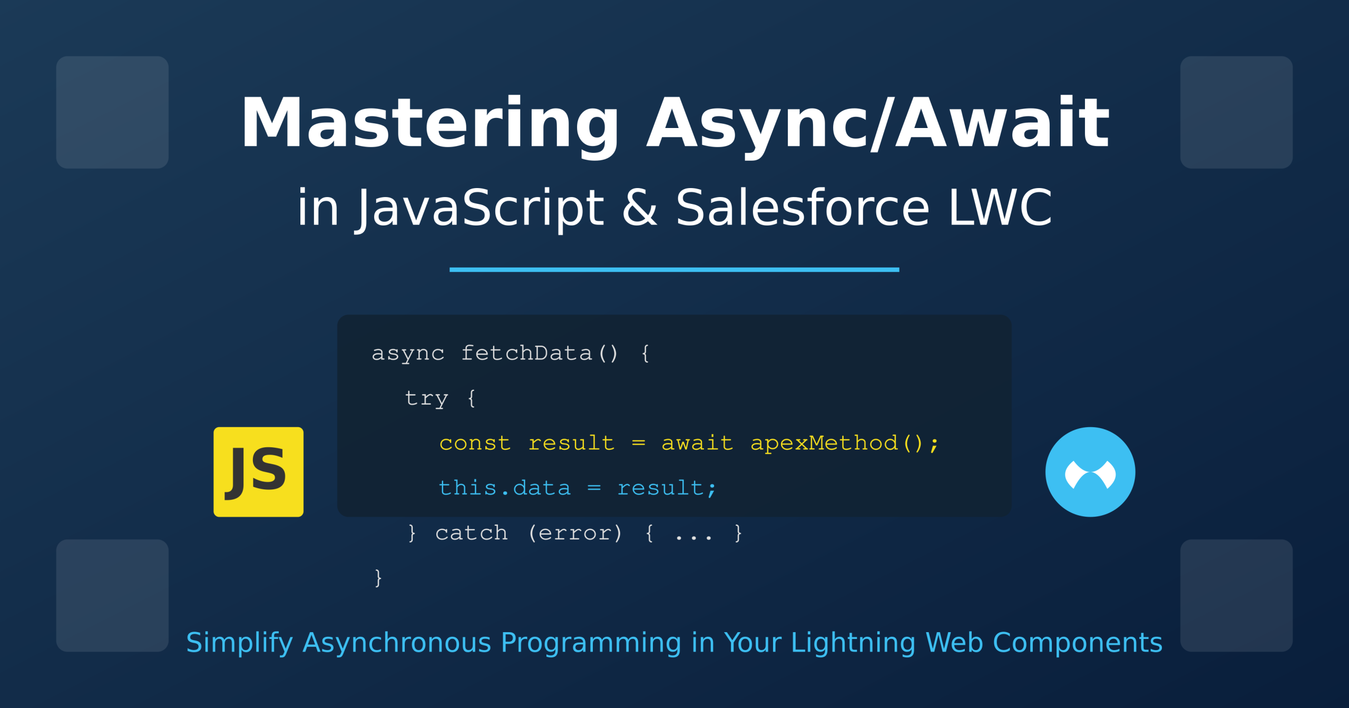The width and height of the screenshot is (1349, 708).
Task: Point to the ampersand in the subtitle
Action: (640, 207)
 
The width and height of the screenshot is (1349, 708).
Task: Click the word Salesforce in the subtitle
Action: (803, 207)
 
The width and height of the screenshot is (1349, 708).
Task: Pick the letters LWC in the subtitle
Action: (1000, 207)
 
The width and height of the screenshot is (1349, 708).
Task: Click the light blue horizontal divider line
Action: (674, 270)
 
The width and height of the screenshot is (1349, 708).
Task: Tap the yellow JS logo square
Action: (258, 472)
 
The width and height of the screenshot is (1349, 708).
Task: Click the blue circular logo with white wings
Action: (1090, 472)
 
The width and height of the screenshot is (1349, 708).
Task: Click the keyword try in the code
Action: (426, 399)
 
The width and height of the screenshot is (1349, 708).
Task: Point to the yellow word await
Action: (697, 444)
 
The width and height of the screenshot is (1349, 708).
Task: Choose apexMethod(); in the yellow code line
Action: (844, 444)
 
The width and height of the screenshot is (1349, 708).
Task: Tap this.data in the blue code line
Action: (504, 488)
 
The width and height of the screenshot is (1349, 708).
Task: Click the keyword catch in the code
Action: (471, 534)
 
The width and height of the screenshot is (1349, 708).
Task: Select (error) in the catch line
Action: (575, 534)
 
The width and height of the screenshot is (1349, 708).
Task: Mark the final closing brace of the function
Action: (378, 578)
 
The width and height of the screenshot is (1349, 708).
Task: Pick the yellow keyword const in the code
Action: (475, 444)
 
